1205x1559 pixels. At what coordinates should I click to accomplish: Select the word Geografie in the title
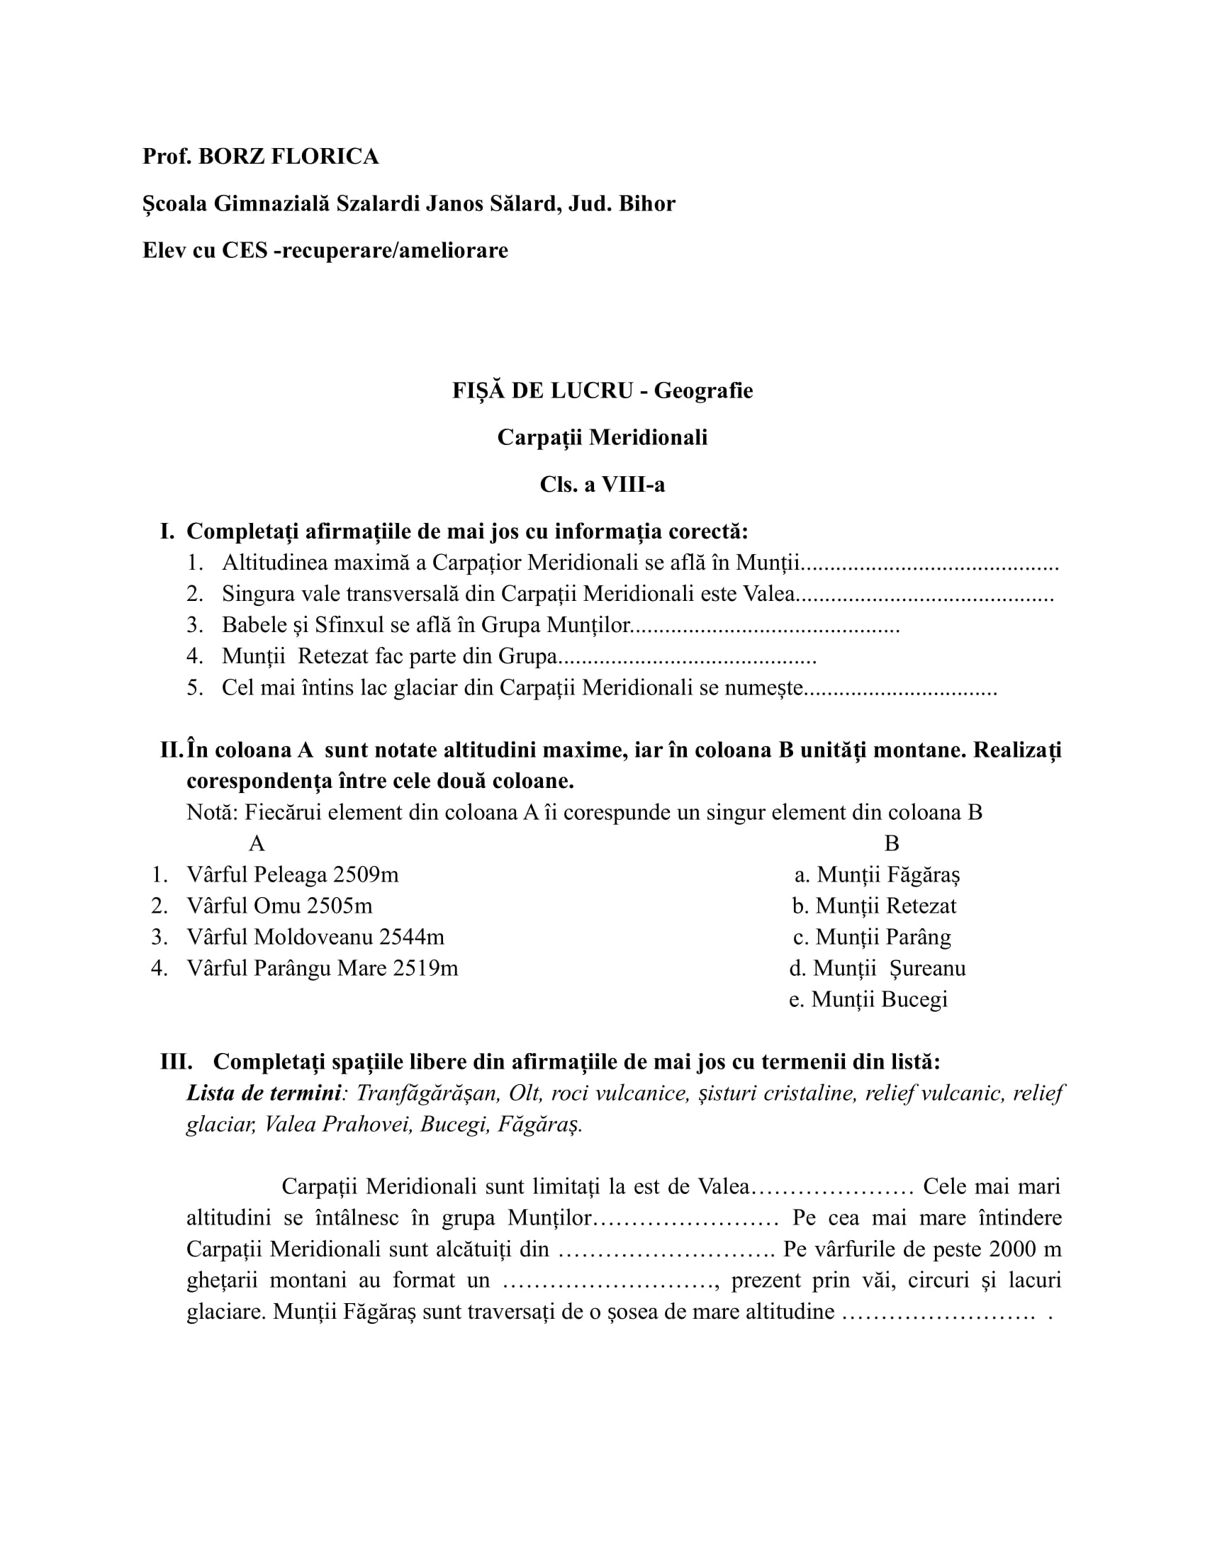(x=703, y=390)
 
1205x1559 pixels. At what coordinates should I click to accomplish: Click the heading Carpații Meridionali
(x=602, y=437)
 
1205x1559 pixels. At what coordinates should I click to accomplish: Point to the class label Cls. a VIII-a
(x=602, y=485)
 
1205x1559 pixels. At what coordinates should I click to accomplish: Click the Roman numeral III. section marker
(x=176, y=1062)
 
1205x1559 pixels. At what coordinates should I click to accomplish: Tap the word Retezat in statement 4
(x=342, y=656)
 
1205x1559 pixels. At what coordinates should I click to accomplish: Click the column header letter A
(x=257, y=844)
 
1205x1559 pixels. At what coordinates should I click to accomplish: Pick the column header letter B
(x=892, y=844)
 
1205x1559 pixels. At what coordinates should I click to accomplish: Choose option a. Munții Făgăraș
(x=878, y=874)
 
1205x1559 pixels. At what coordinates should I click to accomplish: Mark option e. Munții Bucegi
(x=868, y=999)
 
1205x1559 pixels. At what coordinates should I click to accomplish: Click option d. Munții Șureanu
(x=878, y=968)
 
